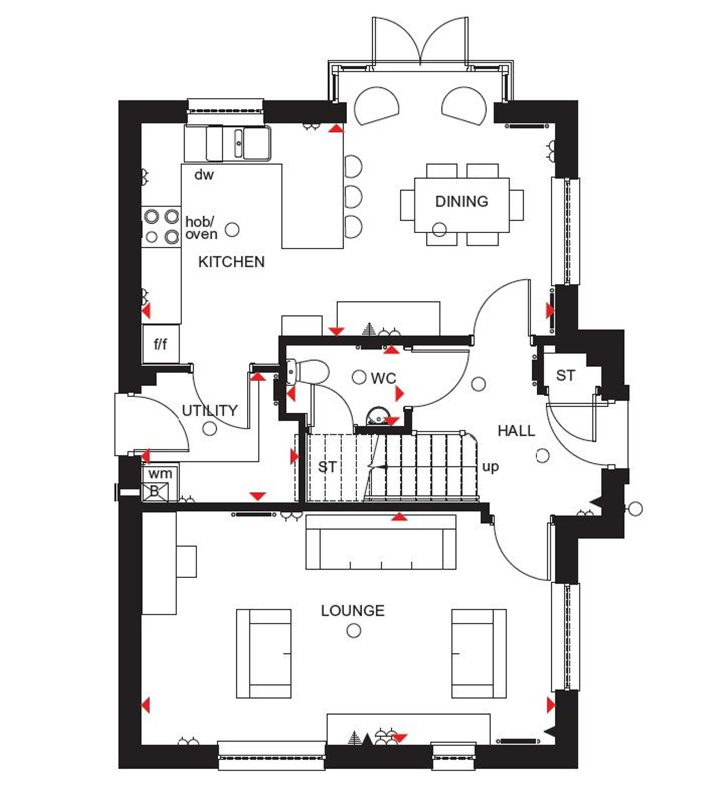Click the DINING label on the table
tap(461, 201)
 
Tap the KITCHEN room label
tap(231, 262)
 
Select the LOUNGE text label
tap(353, 611)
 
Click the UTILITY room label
tap(210, 410)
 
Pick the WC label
tap(383, 378)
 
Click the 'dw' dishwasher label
tap(204, 175)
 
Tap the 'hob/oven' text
tap(201, 228)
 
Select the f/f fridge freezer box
tap(160, 344)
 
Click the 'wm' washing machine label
tap(160, 473)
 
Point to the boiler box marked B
tap(155, 491)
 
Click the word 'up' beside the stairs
tap(490, 467)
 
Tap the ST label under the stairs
tap(327, 467)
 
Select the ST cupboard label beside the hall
tap(565, 376)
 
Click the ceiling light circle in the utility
tap(210, 429)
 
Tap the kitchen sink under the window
tap(238, 143)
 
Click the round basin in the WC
tap(377, 416)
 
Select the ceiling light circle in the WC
tap(359, 377)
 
